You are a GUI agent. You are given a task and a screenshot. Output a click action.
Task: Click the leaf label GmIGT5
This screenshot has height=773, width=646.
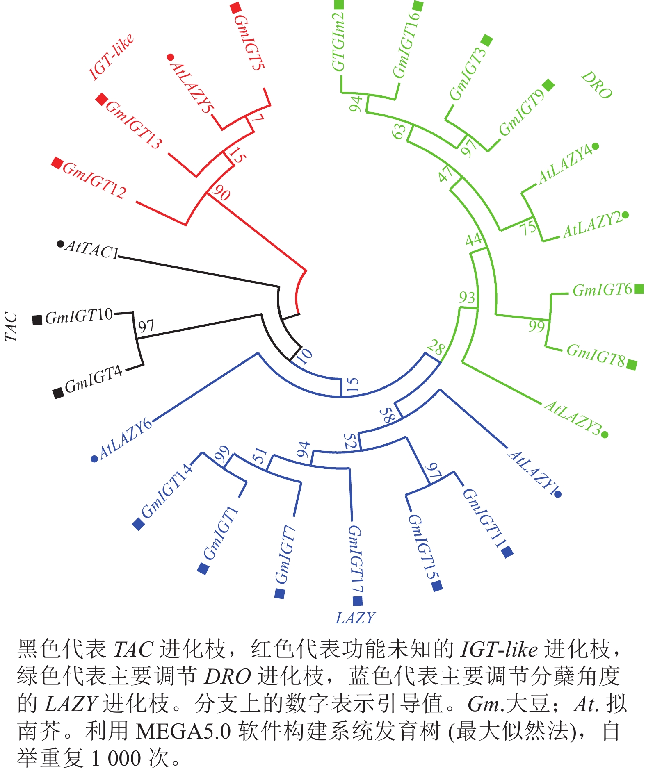click(x=249, y=42)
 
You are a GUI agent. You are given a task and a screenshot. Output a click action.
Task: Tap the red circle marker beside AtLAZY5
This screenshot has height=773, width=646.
click(x=171, y=57)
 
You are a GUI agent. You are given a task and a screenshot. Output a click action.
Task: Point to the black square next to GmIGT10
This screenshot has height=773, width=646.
click(x=37, y=320)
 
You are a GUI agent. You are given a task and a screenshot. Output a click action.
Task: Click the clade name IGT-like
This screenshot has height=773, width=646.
click(x=111, y=56)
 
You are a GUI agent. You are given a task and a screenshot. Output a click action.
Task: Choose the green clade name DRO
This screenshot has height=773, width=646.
click(x=597, y=85)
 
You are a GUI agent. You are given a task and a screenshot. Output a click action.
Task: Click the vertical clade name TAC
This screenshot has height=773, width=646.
click(x=11, y=327)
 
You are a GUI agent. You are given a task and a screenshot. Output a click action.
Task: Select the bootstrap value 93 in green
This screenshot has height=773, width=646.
click(x=467, y=297)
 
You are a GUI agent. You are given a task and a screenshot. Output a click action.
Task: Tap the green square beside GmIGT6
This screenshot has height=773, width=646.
click(x=639, y=289)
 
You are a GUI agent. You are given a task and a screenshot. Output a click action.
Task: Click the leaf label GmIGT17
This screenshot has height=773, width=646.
click(x=356, y=559)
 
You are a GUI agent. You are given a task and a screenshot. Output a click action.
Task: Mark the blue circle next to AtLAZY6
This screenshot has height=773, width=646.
click(x=94, y=459)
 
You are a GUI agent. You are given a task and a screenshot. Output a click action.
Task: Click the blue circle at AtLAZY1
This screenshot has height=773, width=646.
click(x=558, y=495)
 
